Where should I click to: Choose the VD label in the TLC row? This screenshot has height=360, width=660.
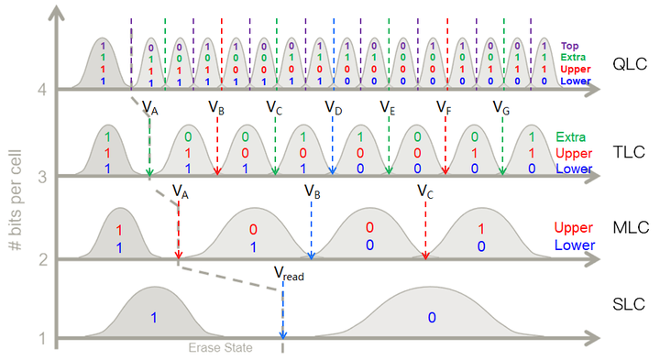[x=334, y=108]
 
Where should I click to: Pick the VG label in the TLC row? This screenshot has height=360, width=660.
[x=501, y=108]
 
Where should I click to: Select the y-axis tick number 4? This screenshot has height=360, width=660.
[x=41, y=90]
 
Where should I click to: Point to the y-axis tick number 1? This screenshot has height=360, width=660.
[x=41, y=339]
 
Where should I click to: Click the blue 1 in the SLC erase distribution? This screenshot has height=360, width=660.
[x=155, y=317]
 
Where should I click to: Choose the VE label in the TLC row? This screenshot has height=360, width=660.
[x=388, y=108]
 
